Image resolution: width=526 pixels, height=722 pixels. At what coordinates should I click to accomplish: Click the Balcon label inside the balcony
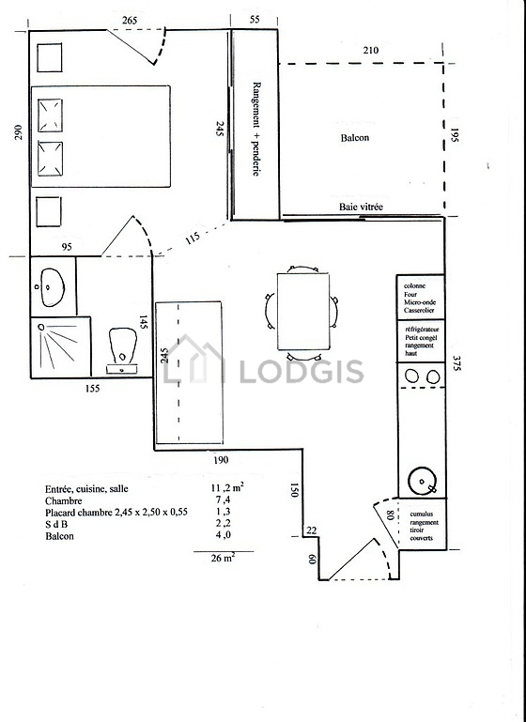tap(355, 138)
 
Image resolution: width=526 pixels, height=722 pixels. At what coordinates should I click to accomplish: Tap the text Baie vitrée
tap(361, 207)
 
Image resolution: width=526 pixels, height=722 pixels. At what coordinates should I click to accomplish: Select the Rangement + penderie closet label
tap(256, 129)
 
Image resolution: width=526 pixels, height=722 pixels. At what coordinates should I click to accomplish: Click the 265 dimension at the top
tap(130, 21)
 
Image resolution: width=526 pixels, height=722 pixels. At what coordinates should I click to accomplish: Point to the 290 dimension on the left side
tap(18, 132)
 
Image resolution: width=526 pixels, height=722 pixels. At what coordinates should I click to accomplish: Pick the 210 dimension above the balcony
tap(371, 50)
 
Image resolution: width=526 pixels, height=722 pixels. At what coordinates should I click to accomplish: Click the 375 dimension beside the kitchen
tap(456, 362)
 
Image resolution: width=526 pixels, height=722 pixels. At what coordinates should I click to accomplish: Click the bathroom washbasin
tap(52, 288)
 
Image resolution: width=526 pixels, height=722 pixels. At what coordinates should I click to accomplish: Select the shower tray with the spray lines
tap(60, 347)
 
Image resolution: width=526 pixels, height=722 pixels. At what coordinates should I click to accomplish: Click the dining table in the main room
tap(303, 312)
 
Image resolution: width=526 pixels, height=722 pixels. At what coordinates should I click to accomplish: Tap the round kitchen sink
tap(422, 481)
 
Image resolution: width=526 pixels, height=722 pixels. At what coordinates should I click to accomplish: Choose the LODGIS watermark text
tap(302, 372)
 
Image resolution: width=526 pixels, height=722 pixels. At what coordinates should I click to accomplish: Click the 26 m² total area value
tap(223, 558)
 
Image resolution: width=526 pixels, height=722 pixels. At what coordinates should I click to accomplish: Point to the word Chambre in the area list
tap(64, 501)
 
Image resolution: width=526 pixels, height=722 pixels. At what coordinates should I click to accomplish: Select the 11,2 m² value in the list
tap(227, 487)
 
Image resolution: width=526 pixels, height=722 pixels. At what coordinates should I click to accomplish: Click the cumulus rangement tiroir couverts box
tap(422, 524)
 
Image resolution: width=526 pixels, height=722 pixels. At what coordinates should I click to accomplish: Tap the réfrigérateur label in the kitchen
tap(422, 330)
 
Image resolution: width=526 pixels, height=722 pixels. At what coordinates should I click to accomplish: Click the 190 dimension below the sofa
tap(221, 459)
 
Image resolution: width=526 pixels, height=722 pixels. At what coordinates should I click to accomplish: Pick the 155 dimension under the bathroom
tap(93, 389)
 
